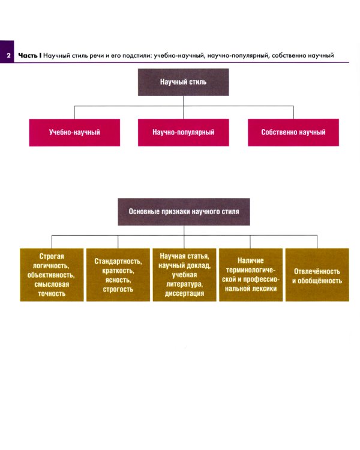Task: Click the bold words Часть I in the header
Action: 30,56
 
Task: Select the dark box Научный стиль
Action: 183,82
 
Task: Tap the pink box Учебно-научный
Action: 74,132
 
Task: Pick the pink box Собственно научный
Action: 293,132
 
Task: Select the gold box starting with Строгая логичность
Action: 51,275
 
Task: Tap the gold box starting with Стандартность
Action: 118,275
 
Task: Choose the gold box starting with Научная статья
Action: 184,275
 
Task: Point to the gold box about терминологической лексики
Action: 251,275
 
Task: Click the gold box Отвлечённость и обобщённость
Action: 317,275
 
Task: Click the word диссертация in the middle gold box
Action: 184,294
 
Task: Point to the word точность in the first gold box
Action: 51,294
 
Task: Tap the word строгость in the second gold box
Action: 118,289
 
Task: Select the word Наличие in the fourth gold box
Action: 251,261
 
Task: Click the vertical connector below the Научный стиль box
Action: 184,101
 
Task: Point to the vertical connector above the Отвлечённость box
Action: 317,241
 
